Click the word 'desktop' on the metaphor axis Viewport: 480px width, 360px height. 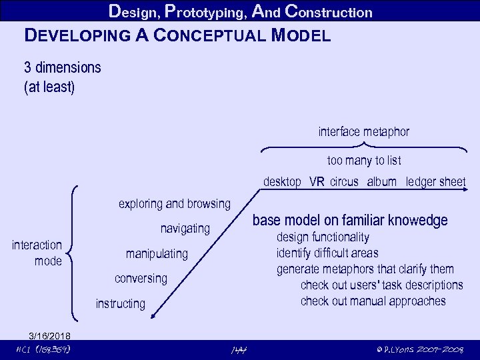282,182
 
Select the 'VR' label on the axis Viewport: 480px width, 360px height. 317,182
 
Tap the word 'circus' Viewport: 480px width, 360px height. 344,182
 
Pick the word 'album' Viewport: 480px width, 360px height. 381,182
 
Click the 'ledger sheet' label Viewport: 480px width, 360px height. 435,182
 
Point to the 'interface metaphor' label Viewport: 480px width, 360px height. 364,132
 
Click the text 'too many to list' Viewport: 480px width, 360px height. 364,161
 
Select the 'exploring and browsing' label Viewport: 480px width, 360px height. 174,203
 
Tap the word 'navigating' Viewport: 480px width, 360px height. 185,229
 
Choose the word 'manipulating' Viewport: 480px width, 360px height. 157,254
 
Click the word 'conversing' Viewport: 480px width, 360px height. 141,278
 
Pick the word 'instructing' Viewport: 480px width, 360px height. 120,304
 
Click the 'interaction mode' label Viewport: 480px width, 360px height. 37,253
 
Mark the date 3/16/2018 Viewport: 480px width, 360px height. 49,335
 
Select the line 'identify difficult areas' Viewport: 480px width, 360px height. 327,253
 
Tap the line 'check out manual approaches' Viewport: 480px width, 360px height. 373,301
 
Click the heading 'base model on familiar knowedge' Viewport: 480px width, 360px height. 350,221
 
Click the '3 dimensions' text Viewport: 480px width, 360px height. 63,68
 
